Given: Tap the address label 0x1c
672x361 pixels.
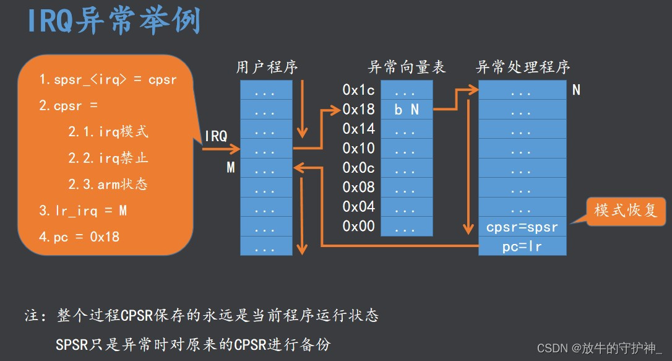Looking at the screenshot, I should tap(358, 90).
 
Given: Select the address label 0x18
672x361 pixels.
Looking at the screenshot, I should tap(358, 110).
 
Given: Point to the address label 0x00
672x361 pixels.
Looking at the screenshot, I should tap(358, 226).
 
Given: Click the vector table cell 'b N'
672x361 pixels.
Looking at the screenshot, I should tap(407, 110).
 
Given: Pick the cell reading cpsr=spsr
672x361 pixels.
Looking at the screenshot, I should tap(522, 227).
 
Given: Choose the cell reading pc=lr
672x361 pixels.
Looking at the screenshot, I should tap(522, 246).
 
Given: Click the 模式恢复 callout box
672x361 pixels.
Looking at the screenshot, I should tap(626, 211).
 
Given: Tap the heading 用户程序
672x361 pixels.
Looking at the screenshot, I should tap(267, 67).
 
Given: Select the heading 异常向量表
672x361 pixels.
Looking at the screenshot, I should tap(407, 67).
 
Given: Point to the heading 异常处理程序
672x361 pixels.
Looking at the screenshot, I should tap(523, 67).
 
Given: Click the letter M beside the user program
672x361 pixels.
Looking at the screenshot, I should tap(231, 167).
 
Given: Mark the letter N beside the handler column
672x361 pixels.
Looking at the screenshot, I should tap(576, 90).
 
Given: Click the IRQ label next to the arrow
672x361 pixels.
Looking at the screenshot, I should tap(216, 136).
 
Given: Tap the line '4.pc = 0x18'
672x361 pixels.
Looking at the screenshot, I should tap(79, 237).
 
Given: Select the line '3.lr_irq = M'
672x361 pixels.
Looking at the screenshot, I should tap(83, 211).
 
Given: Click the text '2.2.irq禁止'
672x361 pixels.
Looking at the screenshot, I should tap(108, 158).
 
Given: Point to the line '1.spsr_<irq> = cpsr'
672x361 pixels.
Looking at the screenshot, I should tap(108, 80).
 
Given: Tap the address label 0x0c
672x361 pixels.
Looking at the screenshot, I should tap(358, 168).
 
